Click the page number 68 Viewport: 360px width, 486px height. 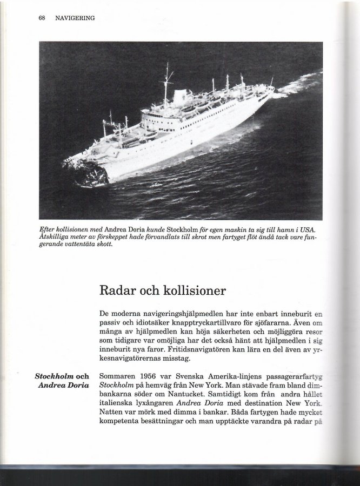point(41,18)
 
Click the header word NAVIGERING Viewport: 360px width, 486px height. point(75,18)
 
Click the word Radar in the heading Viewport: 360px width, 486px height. point(116,290)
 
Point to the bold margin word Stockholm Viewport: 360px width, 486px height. point(54,376)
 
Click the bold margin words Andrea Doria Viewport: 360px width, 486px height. point(63,385)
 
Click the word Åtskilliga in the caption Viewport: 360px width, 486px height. point(55,238)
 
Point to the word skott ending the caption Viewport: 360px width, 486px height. point(104,245)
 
